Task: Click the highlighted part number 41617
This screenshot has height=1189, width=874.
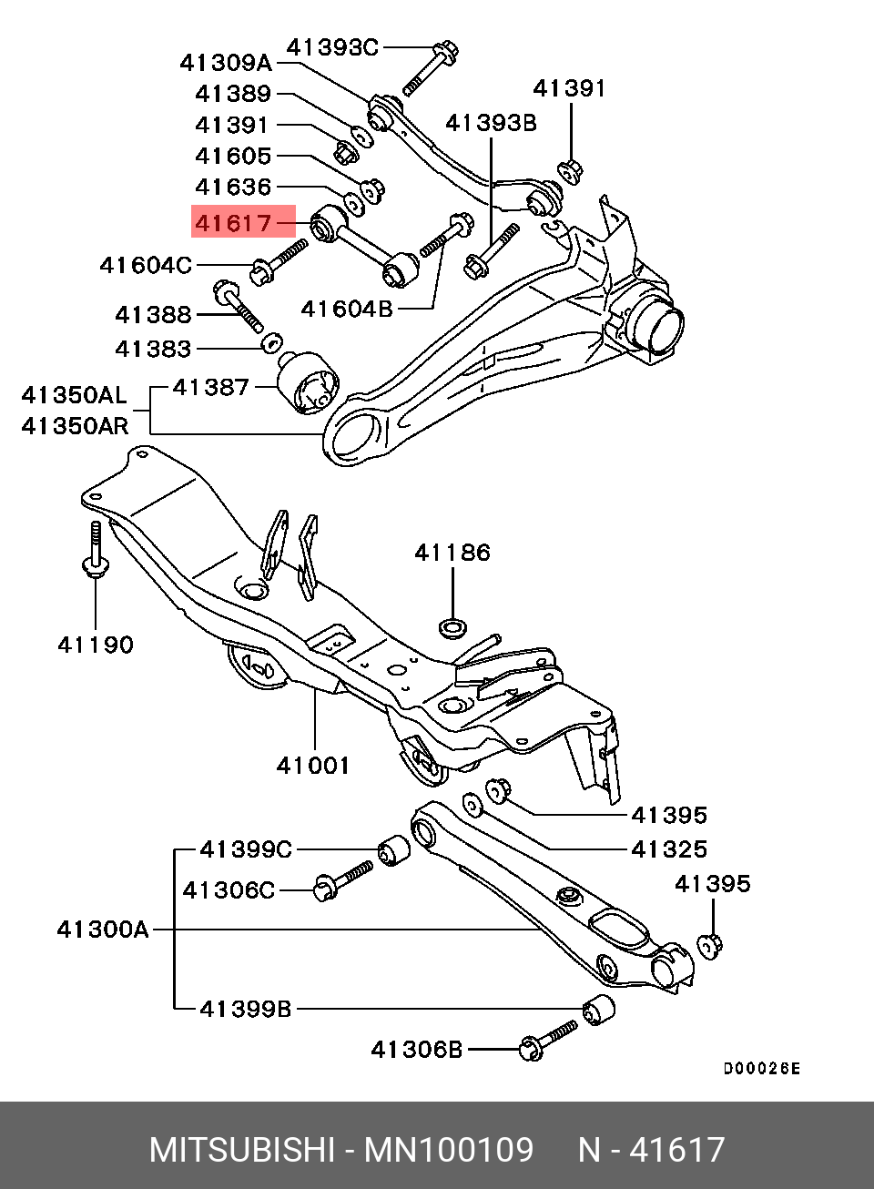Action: [234, 222]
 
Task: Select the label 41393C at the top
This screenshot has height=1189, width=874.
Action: [332, 47]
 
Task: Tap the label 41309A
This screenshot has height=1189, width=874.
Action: [226, 63]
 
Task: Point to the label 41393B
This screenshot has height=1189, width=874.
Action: [491, 123]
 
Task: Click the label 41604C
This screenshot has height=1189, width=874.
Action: [146, 266]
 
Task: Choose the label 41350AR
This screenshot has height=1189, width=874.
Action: [75, 426]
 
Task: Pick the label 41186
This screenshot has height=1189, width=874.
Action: [452, 553]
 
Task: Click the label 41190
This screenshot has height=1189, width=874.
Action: [96, 645]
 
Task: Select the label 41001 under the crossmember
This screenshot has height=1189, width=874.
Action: [313, 766]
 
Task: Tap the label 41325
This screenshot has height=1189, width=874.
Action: [669, 849]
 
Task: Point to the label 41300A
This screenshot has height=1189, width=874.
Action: [103, 930]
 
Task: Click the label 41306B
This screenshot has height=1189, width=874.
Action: [417, 1050]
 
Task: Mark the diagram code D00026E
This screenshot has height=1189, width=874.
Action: [762, 1069]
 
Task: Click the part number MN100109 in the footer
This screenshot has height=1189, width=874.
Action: [449, 1150]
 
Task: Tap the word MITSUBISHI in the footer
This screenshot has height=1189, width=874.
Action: [242, 1150]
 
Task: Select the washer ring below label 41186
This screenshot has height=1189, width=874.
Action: [452, 626]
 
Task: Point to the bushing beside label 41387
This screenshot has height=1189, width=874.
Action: [307, 382]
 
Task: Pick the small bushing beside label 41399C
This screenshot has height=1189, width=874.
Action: [393, 849]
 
